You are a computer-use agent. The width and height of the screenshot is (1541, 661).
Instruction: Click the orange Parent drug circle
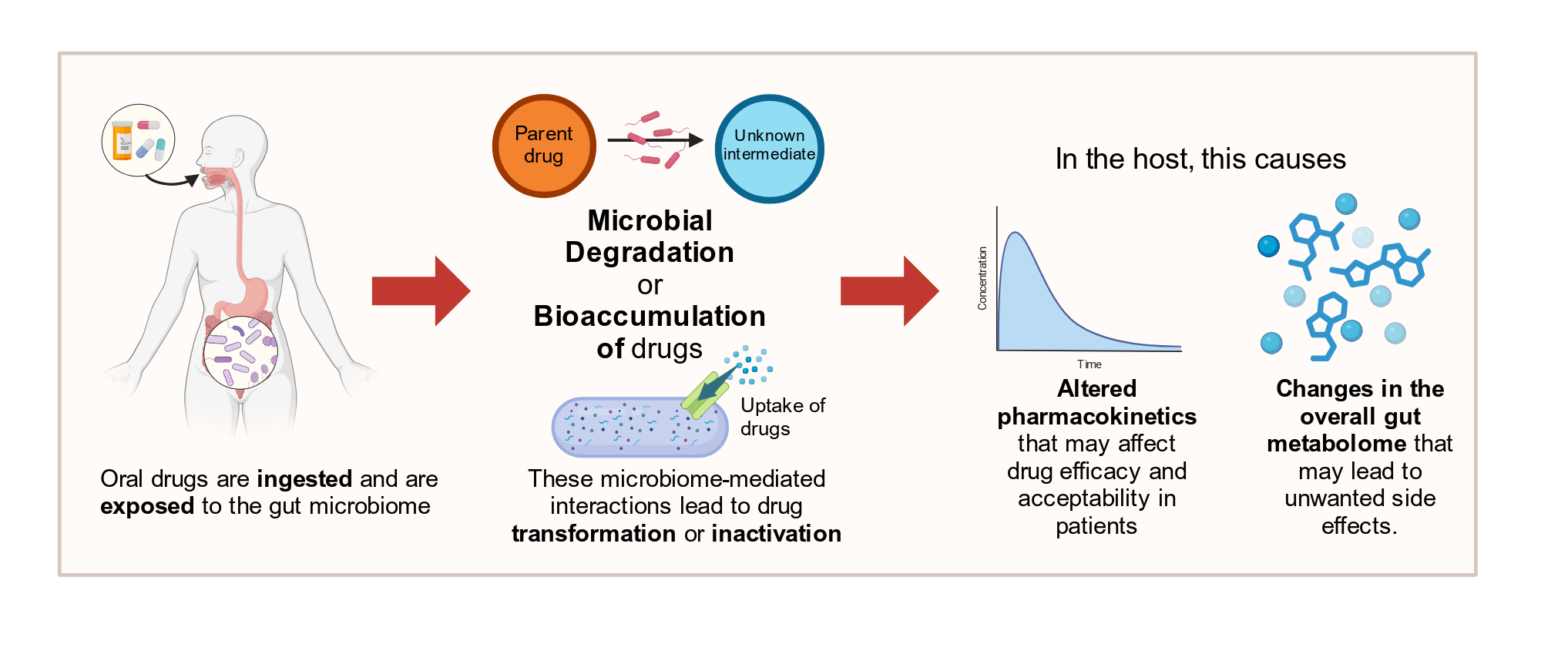pos(544,146)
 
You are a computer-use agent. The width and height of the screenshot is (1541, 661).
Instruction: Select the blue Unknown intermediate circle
pos(769,149)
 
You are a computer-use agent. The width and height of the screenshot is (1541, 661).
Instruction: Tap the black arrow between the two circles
pos(655,140)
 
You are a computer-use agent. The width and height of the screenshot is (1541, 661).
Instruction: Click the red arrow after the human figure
pos(421,291)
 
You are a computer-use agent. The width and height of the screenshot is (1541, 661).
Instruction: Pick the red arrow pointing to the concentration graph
pos(889,291)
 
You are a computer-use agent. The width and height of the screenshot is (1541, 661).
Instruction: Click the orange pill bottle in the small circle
pos(122,141)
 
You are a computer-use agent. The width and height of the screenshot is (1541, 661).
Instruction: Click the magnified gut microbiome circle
pos(240,352)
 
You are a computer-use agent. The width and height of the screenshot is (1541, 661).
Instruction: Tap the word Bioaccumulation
pos(650,316)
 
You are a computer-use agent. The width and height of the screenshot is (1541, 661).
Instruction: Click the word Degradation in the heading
pos(650,253)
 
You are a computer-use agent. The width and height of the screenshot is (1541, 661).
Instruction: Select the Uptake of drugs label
pos(782,417)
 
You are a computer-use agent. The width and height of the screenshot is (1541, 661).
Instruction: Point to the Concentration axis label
pos(982,278)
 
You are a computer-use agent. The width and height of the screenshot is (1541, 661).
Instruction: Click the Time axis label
pos(1089,364)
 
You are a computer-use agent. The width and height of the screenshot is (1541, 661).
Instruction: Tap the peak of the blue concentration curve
pos(1016,233)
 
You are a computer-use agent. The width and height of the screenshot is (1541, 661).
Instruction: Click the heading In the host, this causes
pos(1200,159)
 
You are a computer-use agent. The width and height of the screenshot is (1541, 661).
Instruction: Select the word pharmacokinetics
pos(1096,417)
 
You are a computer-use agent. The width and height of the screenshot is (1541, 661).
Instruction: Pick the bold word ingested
pos(304,479)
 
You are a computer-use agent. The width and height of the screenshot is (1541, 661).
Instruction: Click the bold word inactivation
pos(777,534)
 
